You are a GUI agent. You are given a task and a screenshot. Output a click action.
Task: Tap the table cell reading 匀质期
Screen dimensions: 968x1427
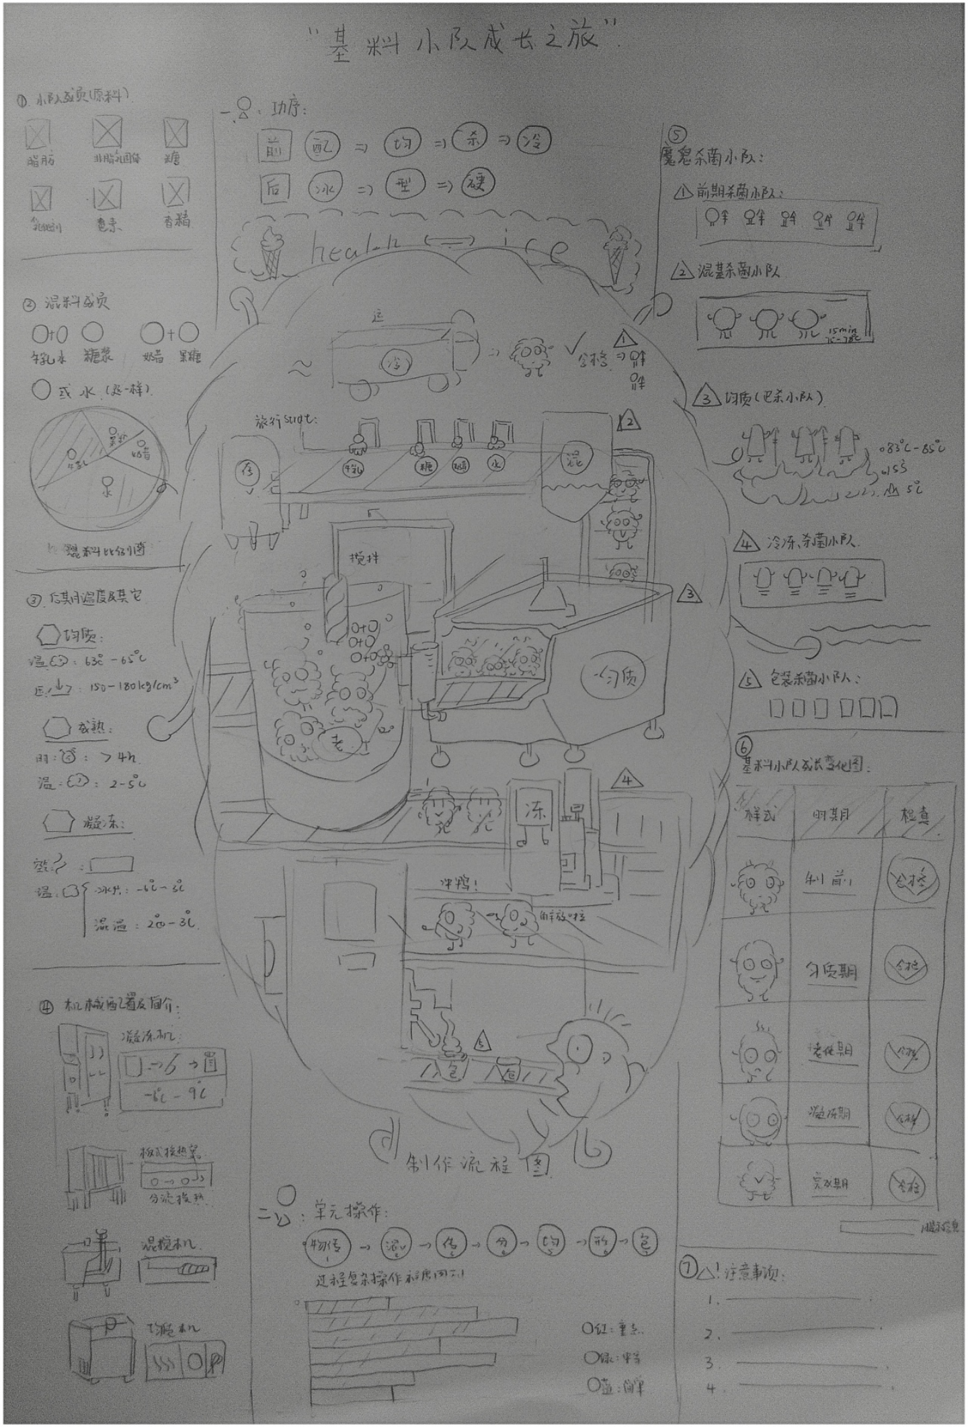(x=832, y=970)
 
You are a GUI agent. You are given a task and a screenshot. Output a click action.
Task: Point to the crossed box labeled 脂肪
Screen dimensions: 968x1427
(x=38, y=134)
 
